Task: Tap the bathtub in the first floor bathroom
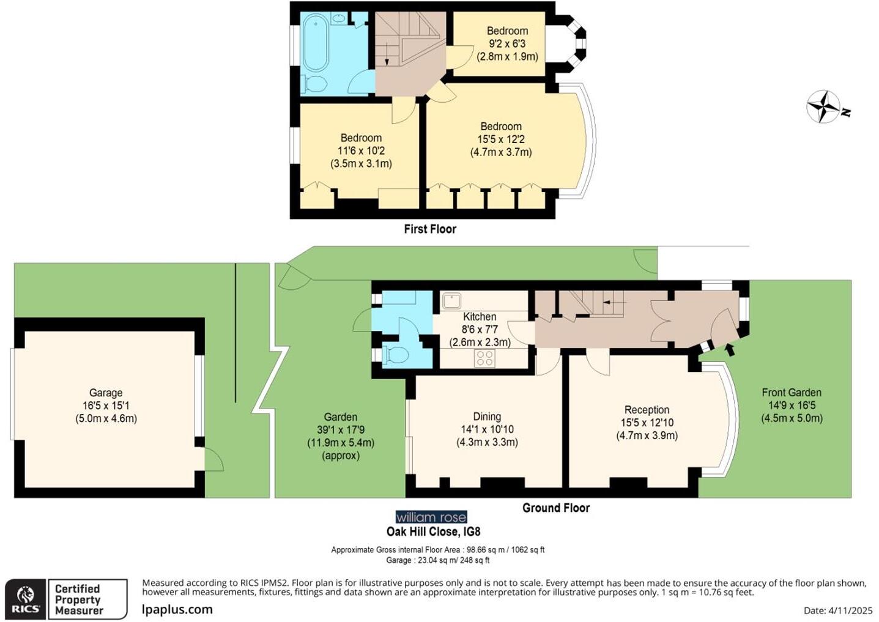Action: [x=316, y=43]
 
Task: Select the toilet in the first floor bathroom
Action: [x=315, y=83]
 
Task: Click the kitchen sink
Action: [x=451, y=301]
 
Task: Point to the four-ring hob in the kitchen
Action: [x=484, y=358]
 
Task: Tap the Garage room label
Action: [x=106, y=393]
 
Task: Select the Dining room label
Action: [x=487, y=417]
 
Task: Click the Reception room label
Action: [x=647, y=410]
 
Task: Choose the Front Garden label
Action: [x=792, y=393]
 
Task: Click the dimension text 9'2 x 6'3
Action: [x=507, y=43]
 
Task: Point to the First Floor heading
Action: [x=430, y=229]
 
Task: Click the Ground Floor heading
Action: [x=555, y=508]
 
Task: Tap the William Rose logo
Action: [x=431, y=517]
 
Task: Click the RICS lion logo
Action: [x=26, y=599]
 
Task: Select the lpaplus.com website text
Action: [x=177, y=609]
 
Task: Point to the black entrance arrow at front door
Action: [x=729, y=349]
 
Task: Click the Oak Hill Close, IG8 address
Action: [x=433, y=531]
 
